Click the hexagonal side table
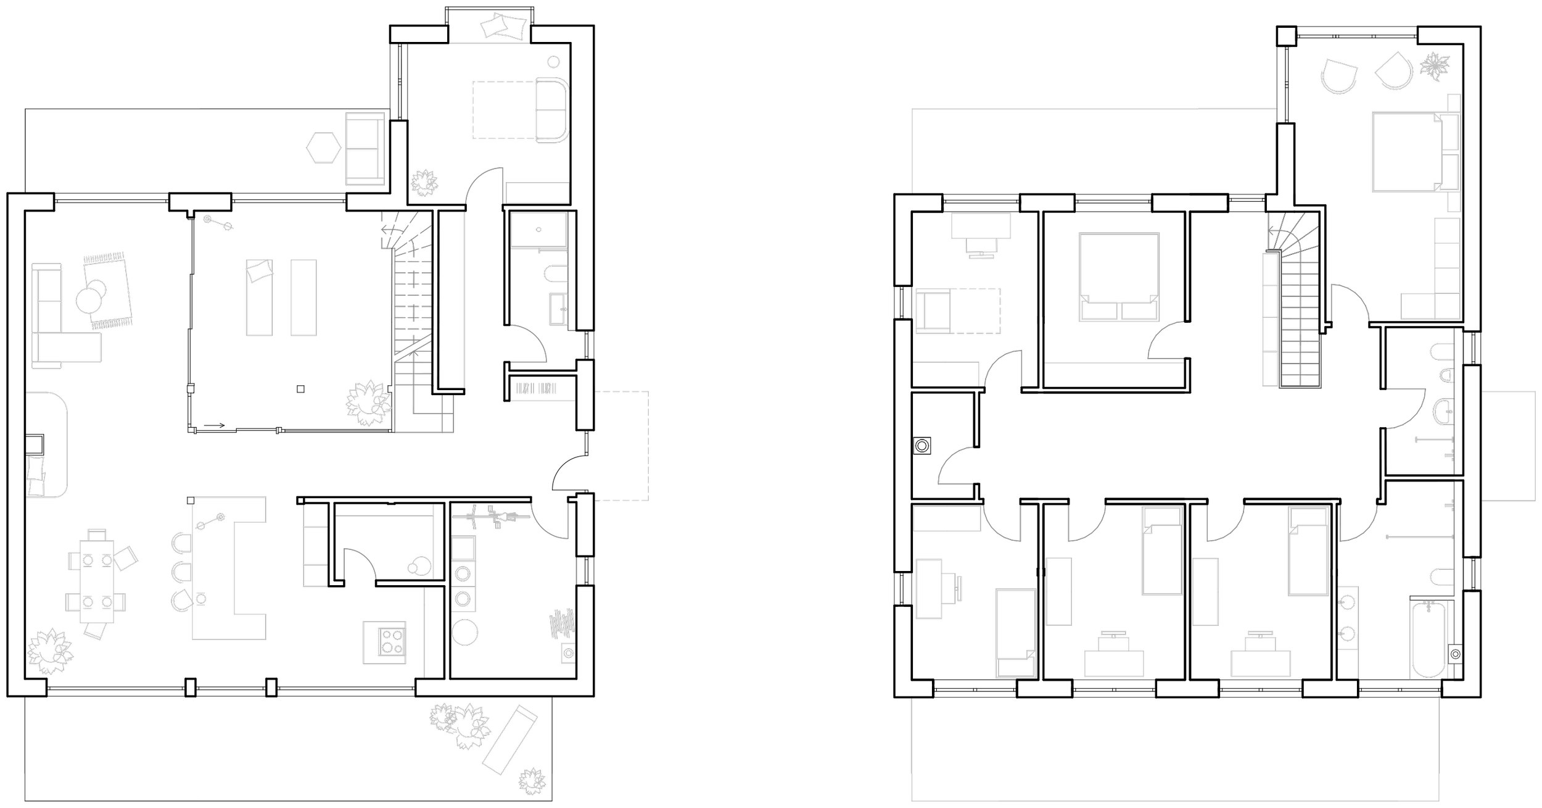click(324, 148)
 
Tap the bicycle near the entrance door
click(491, 516)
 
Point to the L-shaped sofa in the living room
click(56, 327)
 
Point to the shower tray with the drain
click(538, 230)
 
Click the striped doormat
click(537, 388)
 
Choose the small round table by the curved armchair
click(553, 62)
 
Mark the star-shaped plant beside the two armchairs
click(1435, 66)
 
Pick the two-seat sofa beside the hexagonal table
click(365, 149)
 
